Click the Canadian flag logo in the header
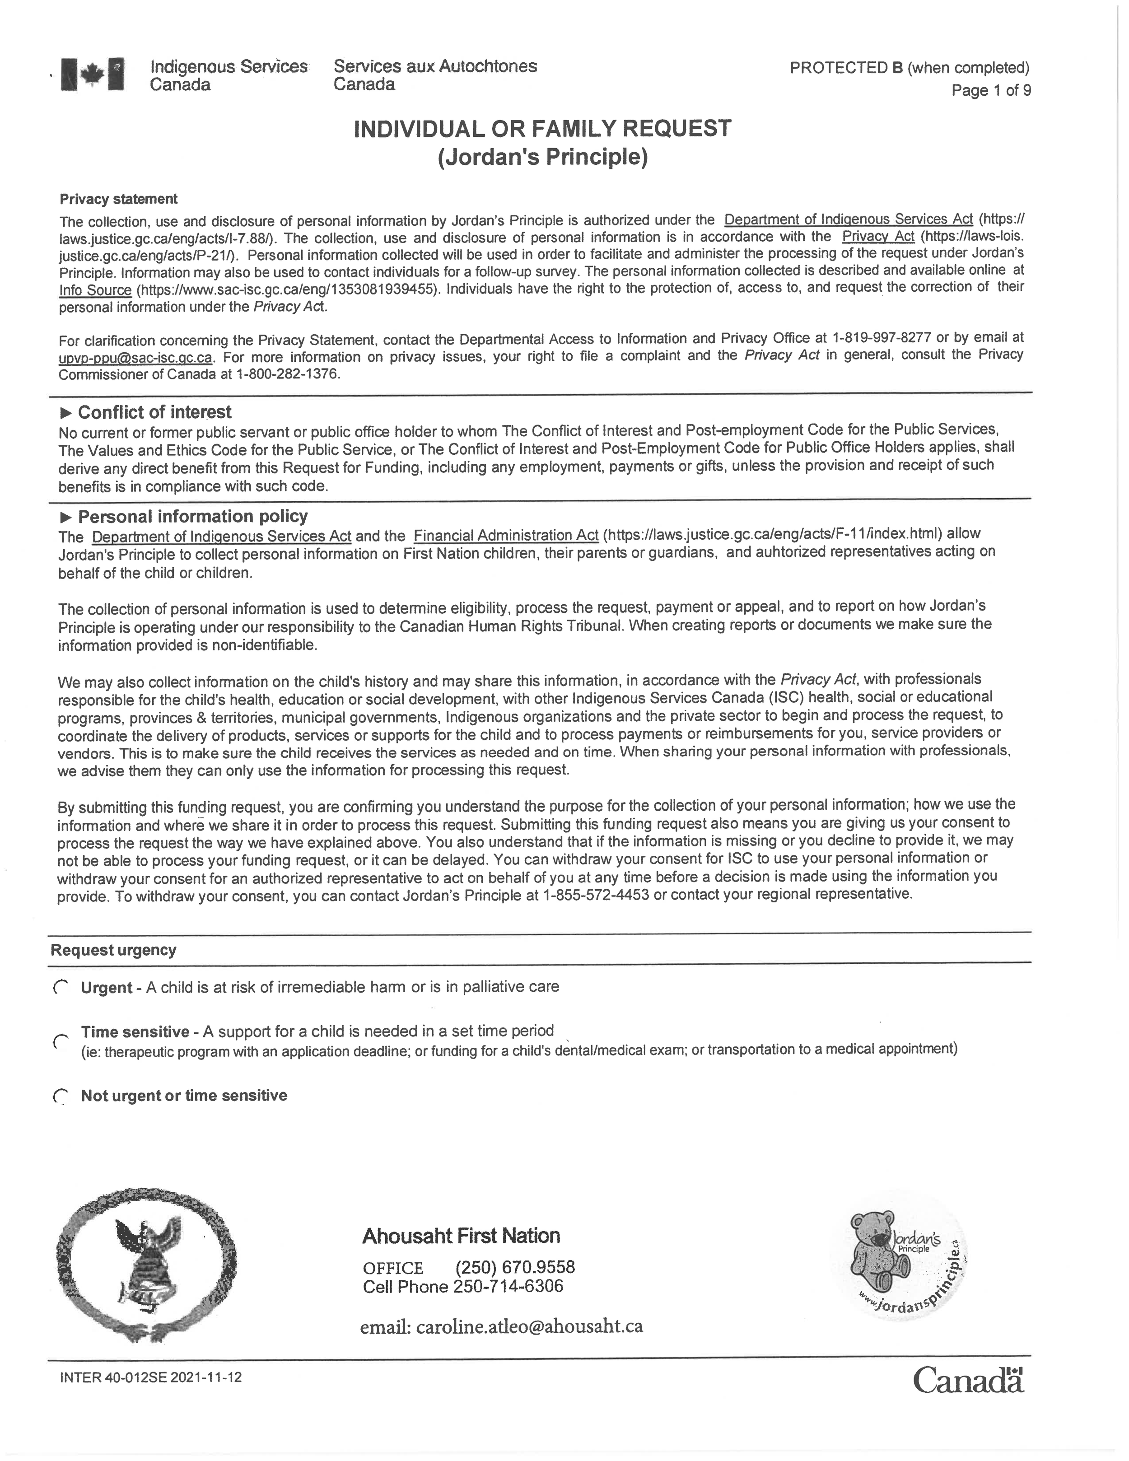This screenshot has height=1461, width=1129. pos(92,74)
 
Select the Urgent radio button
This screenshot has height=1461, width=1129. pos(60,987)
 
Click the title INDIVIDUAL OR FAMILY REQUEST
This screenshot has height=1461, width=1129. pos(542,128)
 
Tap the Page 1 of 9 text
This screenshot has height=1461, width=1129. pos(990,90)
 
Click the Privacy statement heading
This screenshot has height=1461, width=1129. pos(118,199)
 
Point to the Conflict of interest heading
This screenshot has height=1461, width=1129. pos(154,412)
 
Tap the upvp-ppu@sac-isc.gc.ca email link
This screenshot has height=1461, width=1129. pos(135,358)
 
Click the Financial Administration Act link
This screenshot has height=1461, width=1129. pos(506,536)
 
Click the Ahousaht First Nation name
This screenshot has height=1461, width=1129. pos(461,1236)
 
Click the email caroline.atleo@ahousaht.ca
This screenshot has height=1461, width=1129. pos(529,1326)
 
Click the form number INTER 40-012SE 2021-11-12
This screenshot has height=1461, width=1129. pos(150,1378)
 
